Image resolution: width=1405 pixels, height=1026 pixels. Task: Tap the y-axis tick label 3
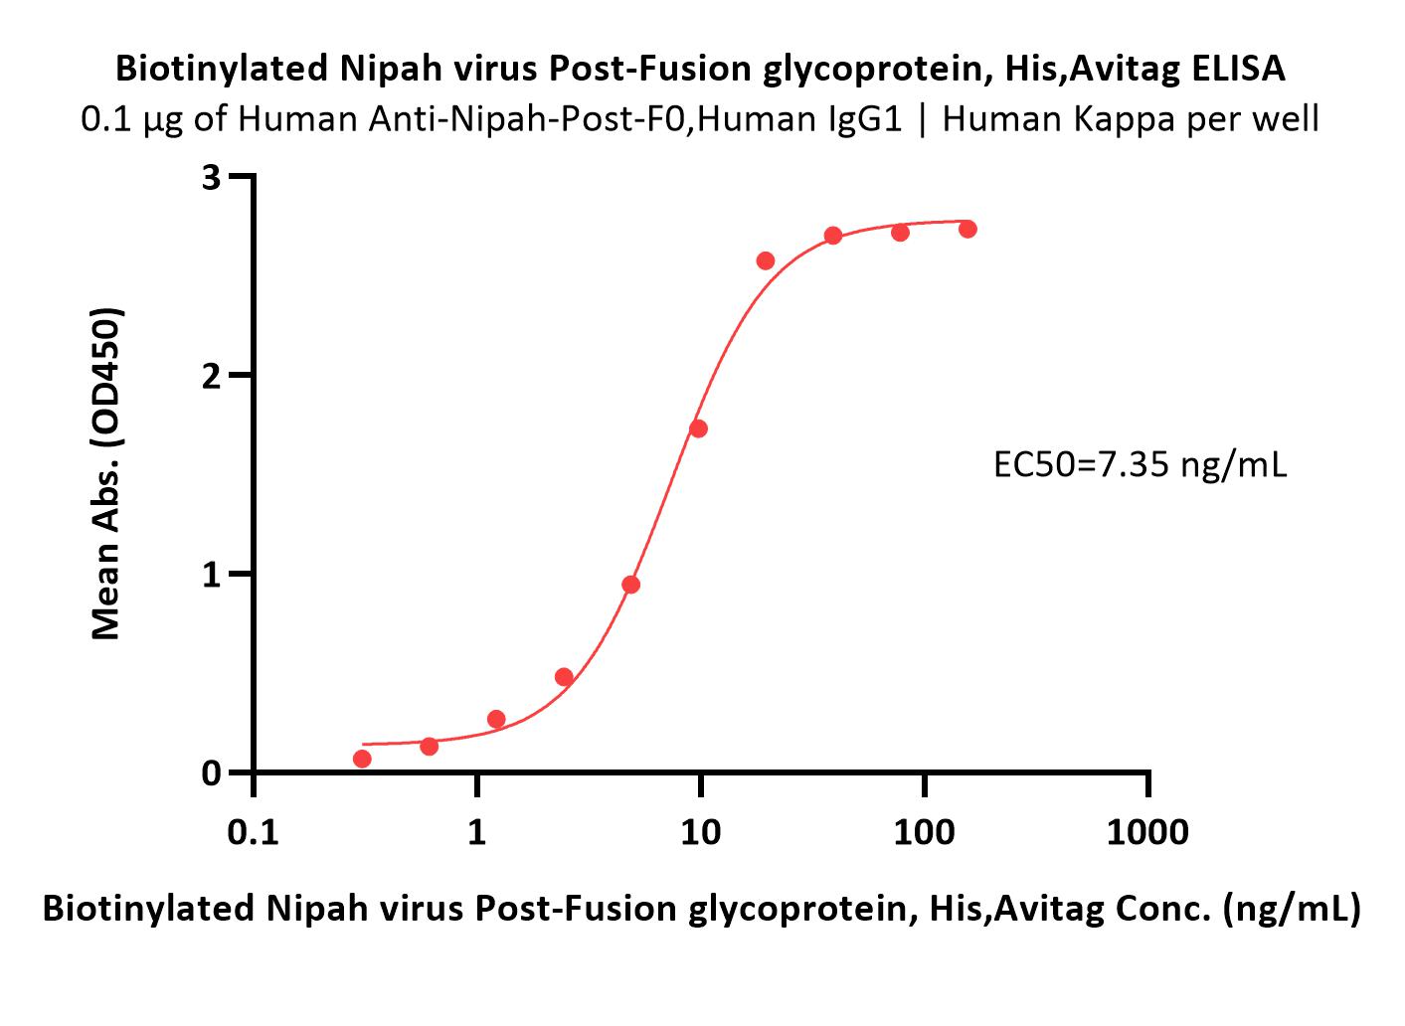pyautogui.click(x=212, y=178)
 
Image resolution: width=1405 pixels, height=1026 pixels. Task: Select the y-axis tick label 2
pyautogui.click(x=212, y=377)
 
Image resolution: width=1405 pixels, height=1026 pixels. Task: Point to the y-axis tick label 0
pyautogui.click(x=212, y=773)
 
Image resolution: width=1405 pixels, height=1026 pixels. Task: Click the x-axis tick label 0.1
pyautogui.click(x=254, y=832)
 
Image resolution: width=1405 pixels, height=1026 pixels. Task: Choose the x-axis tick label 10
pyautogui.click(x=700, y=832)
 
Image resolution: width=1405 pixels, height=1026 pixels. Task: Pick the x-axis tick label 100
pyautogui.click(x=924, y=832)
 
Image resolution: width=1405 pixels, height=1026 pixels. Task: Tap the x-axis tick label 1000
pyautogui.click(x=1147, y=832)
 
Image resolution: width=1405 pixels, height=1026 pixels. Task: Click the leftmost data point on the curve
pyautogui.click(x=362, y=759)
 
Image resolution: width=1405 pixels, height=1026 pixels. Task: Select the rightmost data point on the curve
pyautogui.click(x=967, y=229)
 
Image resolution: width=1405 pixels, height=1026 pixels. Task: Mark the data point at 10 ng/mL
pyautogui.click(x=698, y=428)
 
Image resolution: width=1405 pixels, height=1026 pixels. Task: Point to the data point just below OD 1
pyautogui.click(x=631, y=585)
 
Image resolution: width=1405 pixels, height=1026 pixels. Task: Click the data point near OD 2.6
pyautogui.click(x=766, y=260)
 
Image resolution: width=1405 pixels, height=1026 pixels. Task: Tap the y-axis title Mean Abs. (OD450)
pyautogui.click(x=105, y=474)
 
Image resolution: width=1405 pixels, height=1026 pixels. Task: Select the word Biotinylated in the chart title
pyautogui.click(x=222, y=69)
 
